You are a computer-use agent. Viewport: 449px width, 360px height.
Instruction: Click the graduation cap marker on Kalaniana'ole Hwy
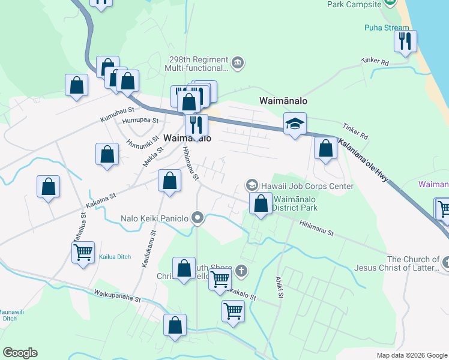click(295, 124)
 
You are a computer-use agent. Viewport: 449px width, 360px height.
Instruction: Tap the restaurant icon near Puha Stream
click(405, 41)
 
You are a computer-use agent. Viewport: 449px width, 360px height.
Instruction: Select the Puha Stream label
click(387, 28)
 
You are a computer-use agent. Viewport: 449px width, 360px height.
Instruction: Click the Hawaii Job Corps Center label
click(307, 186)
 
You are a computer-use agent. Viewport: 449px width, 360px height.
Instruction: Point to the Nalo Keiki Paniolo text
click(155, 219)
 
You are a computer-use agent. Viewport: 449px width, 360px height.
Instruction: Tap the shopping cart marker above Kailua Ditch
click(83, 252)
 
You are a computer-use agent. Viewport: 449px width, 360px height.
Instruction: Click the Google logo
click(20, 352)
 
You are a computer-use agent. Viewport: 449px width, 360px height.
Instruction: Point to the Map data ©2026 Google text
click(411, 355)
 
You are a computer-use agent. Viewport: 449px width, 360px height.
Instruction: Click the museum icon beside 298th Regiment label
click(238, 62)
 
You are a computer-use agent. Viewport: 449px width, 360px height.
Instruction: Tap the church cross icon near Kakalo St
click(241, 271)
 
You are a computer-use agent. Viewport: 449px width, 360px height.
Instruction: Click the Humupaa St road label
click(139, 119)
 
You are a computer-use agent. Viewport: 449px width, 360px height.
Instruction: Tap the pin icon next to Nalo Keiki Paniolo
click(198, 218)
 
